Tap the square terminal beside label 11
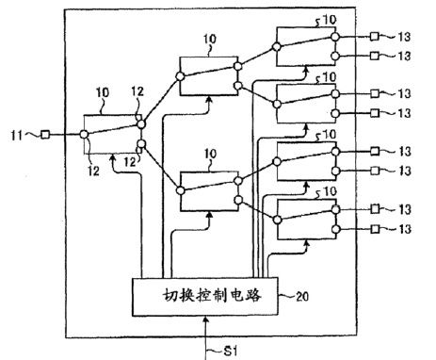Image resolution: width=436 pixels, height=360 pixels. pyautogui.click(x=42, y=136)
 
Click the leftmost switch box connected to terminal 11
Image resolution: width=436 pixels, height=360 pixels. pyautogui.click(x=112, y=136)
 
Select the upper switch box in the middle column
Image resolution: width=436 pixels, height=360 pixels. pyautogui.click(x=209, y=74)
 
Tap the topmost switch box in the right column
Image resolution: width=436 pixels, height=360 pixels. pyautogui.click(x=303, y=46)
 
